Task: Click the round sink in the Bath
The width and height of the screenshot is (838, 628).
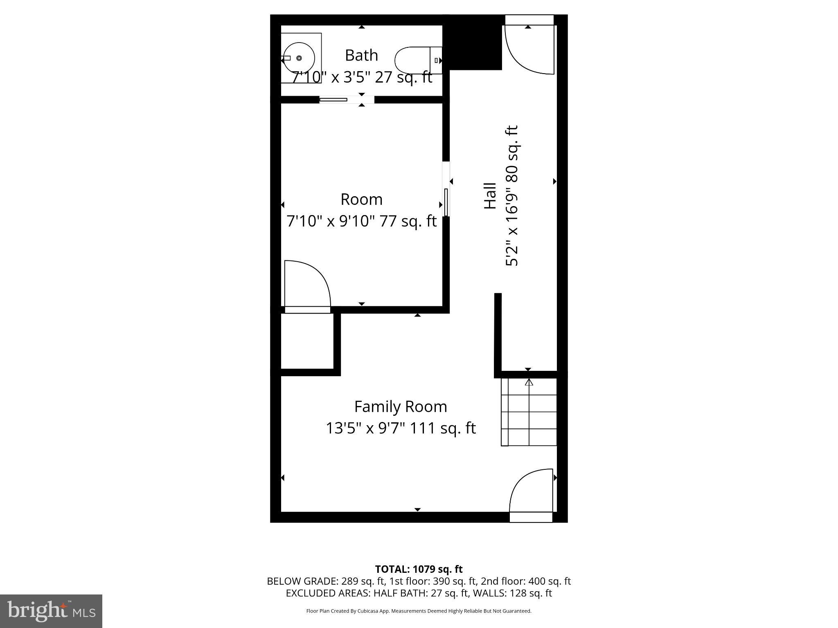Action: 299,58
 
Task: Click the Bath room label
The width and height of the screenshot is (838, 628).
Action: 361,55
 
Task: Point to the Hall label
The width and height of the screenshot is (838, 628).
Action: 490,196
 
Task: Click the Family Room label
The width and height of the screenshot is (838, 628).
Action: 401,407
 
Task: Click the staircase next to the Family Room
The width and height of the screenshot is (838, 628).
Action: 529,412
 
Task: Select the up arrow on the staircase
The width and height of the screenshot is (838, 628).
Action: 529,383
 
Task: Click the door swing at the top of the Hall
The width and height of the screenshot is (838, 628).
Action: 529,49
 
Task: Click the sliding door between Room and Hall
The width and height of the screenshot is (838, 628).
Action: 446,202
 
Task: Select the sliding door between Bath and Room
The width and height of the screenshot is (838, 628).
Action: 333,99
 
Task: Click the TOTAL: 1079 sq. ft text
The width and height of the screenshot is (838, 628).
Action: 419,569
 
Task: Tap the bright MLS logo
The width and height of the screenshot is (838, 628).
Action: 51,611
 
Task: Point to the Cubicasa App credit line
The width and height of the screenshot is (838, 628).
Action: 419,611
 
